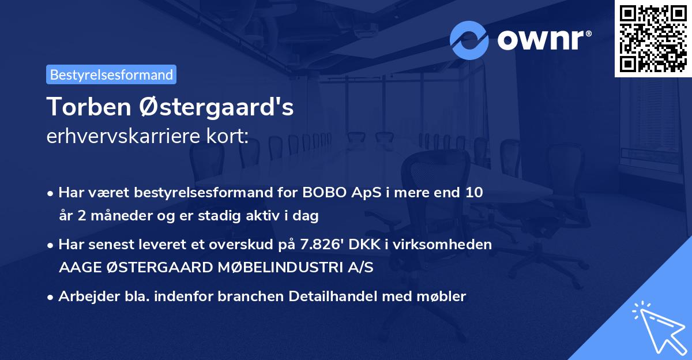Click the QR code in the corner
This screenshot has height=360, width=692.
(x=653, y=38)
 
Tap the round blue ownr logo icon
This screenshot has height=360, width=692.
(x=469, y=40)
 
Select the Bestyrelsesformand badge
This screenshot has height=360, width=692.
(x=111, y=74)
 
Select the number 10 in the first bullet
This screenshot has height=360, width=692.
(x=475, y=193)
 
